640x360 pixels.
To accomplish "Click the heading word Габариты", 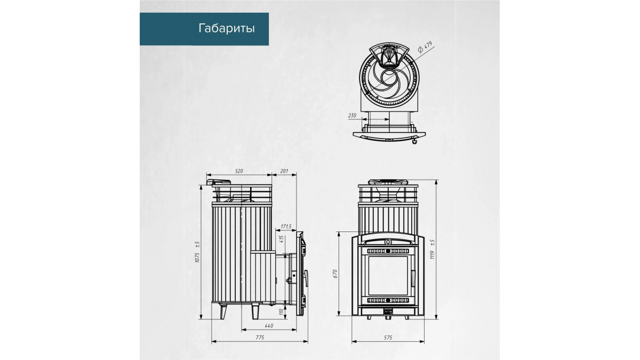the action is (x=227, y=29).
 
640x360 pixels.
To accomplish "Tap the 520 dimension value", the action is (x=239, y=171).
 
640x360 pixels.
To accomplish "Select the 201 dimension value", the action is (x=284, y=171).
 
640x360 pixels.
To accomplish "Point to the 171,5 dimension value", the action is (x=286, y=227).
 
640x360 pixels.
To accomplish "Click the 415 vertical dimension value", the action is (x=282, y=239).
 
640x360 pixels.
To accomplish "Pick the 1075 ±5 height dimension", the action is (x=197, y=252).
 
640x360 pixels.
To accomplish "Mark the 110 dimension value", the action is (x=281, y=312).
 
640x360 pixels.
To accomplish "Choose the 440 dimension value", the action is (x=269, y=326).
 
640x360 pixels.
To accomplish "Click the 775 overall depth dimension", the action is (x=260, y=338).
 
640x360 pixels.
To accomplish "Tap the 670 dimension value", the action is (x=335, y=274).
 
